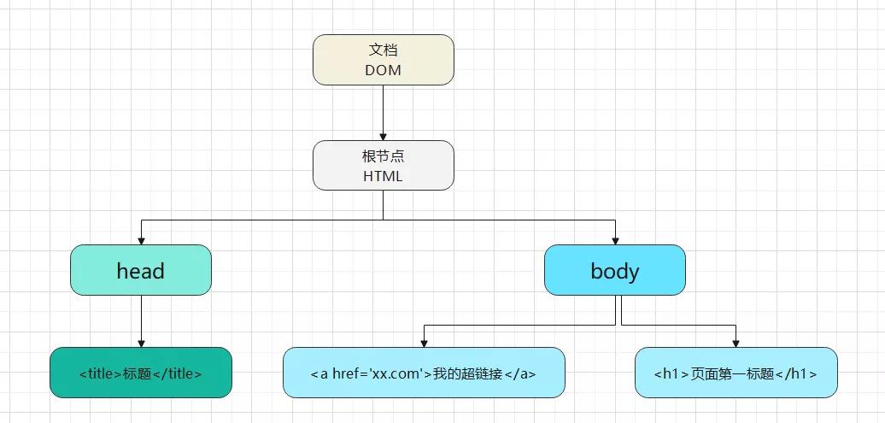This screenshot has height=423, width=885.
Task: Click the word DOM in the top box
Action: [x=383, y=70]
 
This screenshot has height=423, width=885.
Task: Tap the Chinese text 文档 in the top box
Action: [x=383, y=50]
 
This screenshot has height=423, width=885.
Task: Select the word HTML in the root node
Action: [x=383, y=176]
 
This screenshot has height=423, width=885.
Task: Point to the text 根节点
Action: [x=383, y=156]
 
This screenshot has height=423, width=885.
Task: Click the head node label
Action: [x=140, y=271]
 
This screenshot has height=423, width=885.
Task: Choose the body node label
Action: [x=614, y=271]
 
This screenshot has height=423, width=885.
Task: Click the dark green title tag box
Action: [x=140, y=373]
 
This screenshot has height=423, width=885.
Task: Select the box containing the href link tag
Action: [x=424, y=373]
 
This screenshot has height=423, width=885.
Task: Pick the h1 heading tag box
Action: [x=736, y=373]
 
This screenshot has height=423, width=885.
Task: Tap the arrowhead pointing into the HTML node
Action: [x=383, y=136]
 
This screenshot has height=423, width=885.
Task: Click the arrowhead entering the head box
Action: [x=141, y=240]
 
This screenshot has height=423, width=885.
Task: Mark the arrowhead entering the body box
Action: [x=615, y=240]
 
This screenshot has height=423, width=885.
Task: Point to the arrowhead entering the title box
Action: [x=141, y=343]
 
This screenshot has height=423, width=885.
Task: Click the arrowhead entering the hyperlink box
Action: [x=424, y=343]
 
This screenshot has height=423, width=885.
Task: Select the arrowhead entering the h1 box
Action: [x=736, y=343]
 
